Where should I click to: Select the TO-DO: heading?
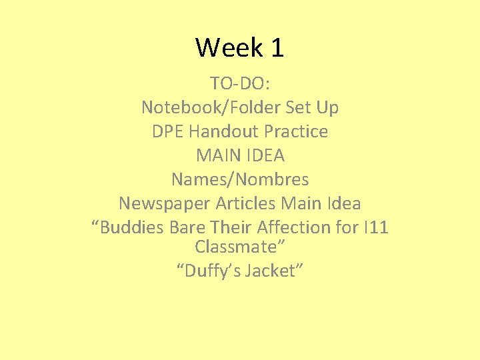(x=240, y=83)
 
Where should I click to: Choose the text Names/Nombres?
(x=240, y=179)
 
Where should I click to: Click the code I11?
(x=375, y=227)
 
